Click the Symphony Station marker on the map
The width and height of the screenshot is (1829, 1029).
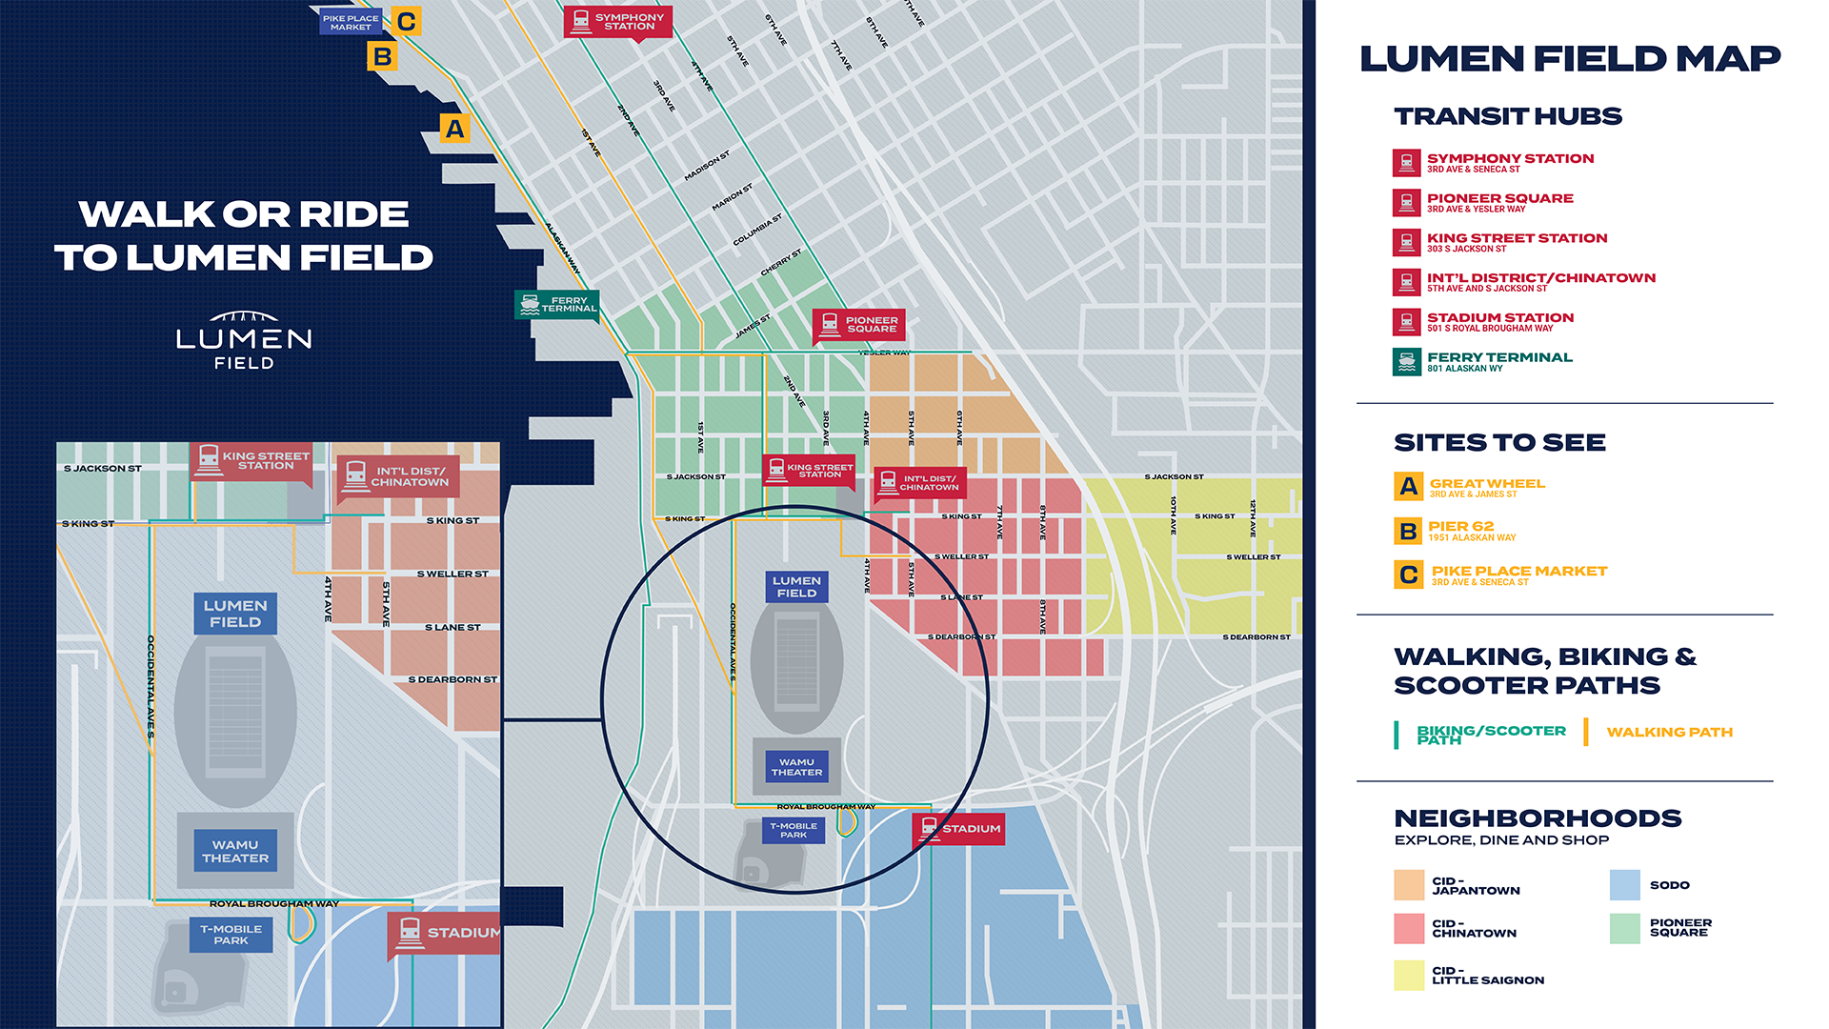coord(617,21)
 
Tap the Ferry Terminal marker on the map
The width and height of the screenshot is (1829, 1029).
coord(557,304)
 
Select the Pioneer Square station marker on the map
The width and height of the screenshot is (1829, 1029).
coord(858,325)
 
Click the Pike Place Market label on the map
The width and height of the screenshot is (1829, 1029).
coord(350,22)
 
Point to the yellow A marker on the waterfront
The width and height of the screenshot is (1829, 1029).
coord(454,129)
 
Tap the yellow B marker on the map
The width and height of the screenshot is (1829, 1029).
coord(382,57)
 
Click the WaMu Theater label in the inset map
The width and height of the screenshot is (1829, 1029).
coord(235,851)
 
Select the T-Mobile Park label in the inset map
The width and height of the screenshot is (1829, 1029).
coord(231,935)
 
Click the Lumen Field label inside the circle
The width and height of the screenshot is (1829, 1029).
coord(796,586)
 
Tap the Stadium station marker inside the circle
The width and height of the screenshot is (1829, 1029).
coord(958,828)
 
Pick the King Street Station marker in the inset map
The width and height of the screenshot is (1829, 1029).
coord(251,461)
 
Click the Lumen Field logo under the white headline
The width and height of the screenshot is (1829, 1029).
coord(244,340)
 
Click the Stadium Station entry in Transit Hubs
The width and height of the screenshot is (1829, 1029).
coord(1499,321)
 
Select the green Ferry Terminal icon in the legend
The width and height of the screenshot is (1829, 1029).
coord(1406,362)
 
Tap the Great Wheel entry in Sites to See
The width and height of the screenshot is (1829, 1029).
coord(1486,487)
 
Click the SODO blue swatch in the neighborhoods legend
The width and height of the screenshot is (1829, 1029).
coord(1624,885)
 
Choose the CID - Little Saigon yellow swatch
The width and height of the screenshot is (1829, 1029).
coord(1409,975)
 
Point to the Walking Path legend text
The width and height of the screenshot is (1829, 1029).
coord(1669,732)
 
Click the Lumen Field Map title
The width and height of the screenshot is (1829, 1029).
coord(1569,59)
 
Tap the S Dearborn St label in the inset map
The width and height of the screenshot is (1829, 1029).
coord(452,679)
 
